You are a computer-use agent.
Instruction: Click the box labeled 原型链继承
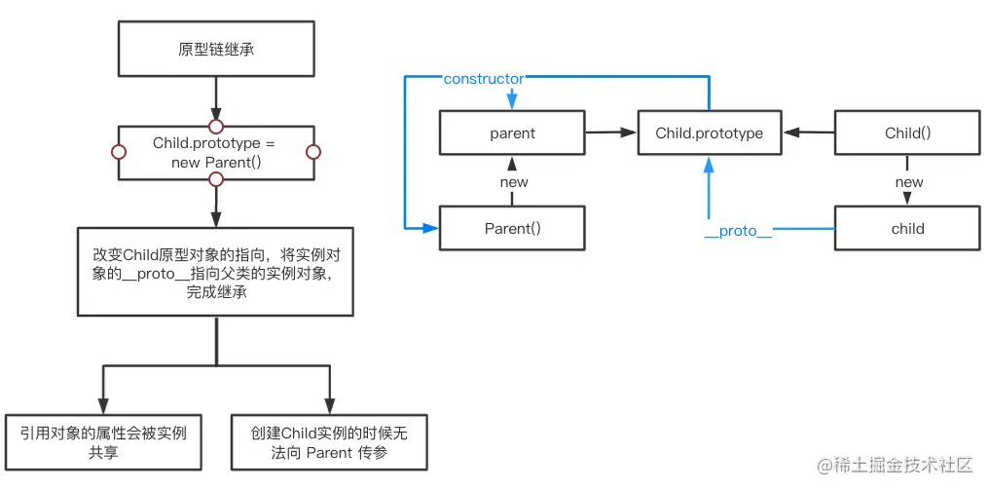click(x=216, y=48)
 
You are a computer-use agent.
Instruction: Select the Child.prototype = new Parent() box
click(x=216, y=152)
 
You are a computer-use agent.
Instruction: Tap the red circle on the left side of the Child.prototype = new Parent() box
click(x=119, y=152)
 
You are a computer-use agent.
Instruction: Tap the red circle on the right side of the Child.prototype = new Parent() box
click(x=313, y=152)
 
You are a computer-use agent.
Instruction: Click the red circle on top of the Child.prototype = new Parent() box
click(x=216, y=126)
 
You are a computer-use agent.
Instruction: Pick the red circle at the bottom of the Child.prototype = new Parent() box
click(x=216, y=179)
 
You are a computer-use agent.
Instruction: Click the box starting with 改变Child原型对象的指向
click(x=216, y=272)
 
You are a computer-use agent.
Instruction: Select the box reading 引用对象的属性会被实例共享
click(x=102, y=441)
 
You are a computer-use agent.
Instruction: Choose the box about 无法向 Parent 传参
click(x=328, y=441)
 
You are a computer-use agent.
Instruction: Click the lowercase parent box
click(x=512, y=132)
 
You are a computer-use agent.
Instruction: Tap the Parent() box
click(x=512, y=229)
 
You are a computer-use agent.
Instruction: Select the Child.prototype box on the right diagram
click(x=710, y=132)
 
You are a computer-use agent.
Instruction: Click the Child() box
click(x=907, y=132)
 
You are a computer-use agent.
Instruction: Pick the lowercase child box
click(x=907, y=229)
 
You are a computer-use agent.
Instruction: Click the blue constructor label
click(x=483, y=78)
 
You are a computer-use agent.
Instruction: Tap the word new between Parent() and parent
click(x=513, y=182)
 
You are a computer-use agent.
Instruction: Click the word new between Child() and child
click(x=908, y=182)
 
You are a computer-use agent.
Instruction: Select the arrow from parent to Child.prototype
click(x=611, y=132)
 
